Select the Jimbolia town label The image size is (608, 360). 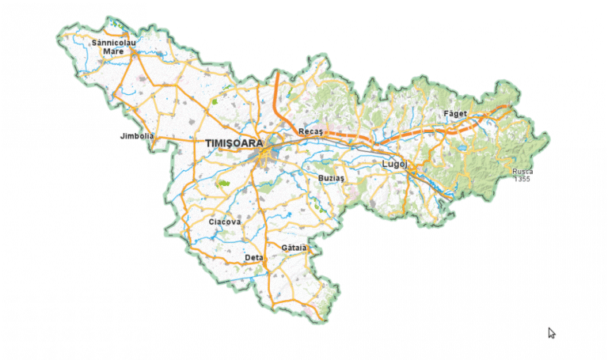pos(135,136)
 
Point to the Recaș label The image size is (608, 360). pos(310,131)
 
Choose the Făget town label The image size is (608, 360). pos(455,114)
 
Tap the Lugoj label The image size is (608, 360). pos(393,164)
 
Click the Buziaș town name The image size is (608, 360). pos(332,179)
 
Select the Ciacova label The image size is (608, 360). pos(224,222)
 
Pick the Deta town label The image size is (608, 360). pos(254,258)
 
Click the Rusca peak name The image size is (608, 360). pos(522,172)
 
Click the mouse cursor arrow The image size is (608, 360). pos(551,332)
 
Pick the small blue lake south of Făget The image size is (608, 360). pos(463,147)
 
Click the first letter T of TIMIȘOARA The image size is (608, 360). pos(208,143)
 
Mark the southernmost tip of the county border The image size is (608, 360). pos(321,320)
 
